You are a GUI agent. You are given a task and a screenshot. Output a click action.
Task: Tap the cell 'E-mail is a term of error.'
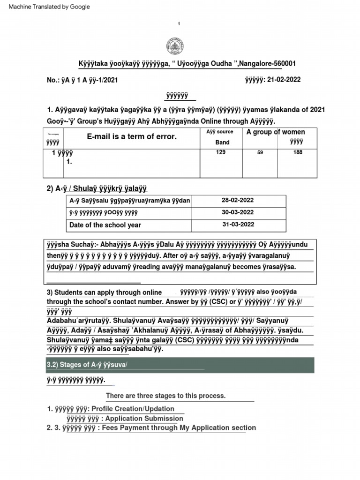tap(132, 136)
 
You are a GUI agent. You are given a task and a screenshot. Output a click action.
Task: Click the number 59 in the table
tap(260, 153)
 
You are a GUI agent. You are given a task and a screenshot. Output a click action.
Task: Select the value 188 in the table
tap(298, 152)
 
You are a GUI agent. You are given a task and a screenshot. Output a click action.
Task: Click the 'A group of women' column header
tap(276, 132)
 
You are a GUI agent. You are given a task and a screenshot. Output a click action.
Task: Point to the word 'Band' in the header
tap(222, 142)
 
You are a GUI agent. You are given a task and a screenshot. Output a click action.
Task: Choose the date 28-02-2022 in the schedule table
tap(238, 200)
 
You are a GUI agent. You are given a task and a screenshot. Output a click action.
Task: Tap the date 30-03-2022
tap(238, 212)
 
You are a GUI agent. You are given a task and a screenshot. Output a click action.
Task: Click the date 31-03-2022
tap(238, 224)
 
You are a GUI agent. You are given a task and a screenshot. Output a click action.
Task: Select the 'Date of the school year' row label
tap(105, 225)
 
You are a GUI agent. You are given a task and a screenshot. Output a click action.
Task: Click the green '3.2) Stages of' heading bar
tap(180, 365)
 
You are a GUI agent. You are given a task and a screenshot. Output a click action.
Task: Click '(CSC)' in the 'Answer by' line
tap(212, 302)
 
